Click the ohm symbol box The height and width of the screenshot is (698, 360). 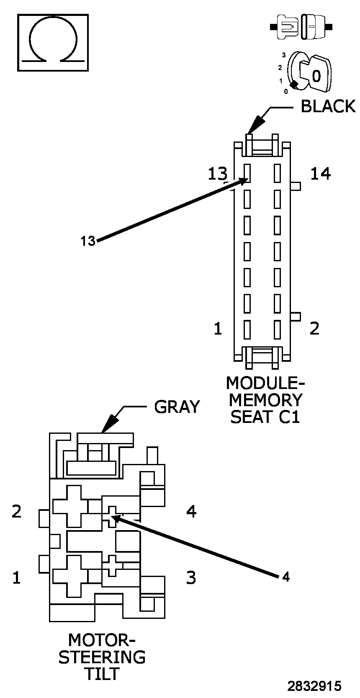tap(53, 42)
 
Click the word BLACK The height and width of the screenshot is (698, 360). tap(328, 106)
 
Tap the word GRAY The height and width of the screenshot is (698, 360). tap(177, 407)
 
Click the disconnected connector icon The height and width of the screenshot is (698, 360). tap(301, 27)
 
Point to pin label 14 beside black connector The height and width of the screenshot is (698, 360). tap(320, 173)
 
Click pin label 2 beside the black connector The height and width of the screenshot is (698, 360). tap(314, 329)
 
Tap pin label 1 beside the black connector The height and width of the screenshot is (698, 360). tap(218, 329)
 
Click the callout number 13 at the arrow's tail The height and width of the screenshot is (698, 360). tap(88, 241)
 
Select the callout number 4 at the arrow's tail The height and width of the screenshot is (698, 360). tap(285, 577)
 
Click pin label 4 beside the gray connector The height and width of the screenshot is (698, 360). tap(191, 511)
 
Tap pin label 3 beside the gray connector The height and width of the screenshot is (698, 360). tap(191, 578)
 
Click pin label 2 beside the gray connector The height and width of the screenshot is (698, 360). tap(16, 511)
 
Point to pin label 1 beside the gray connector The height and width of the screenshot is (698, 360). tap(16, 578)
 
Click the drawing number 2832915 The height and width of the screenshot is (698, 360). tap(314, 686)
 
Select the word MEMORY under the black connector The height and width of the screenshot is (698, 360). tap(265, 400)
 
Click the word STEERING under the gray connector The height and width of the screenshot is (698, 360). tap(102, 657)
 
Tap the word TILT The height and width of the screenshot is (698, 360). tap(102, 674)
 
